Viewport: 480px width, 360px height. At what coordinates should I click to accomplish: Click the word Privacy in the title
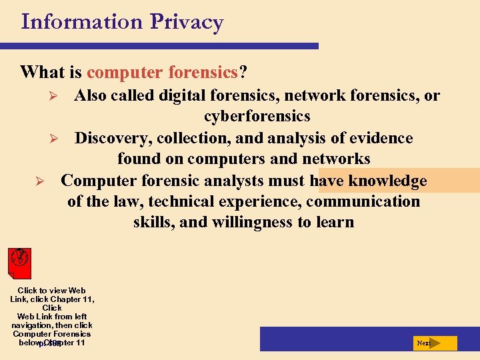(x=186, y=22)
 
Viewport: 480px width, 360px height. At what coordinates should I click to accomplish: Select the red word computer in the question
(x=127, y=71)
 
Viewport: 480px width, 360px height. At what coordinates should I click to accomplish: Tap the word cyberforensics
(x=257, y=117)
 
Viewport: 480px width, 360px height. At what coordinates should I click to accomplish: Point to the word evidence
(x=383, y=138)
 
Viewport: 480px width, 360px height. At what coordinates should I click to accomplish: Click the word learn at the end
(x=335, y=222)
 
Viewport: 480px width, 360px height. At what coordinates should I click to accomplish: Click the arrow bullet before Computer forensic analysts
(x=39, y=181)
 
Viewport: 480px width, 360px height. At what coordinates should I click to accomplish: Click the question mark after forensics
(x=242, y=71)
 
